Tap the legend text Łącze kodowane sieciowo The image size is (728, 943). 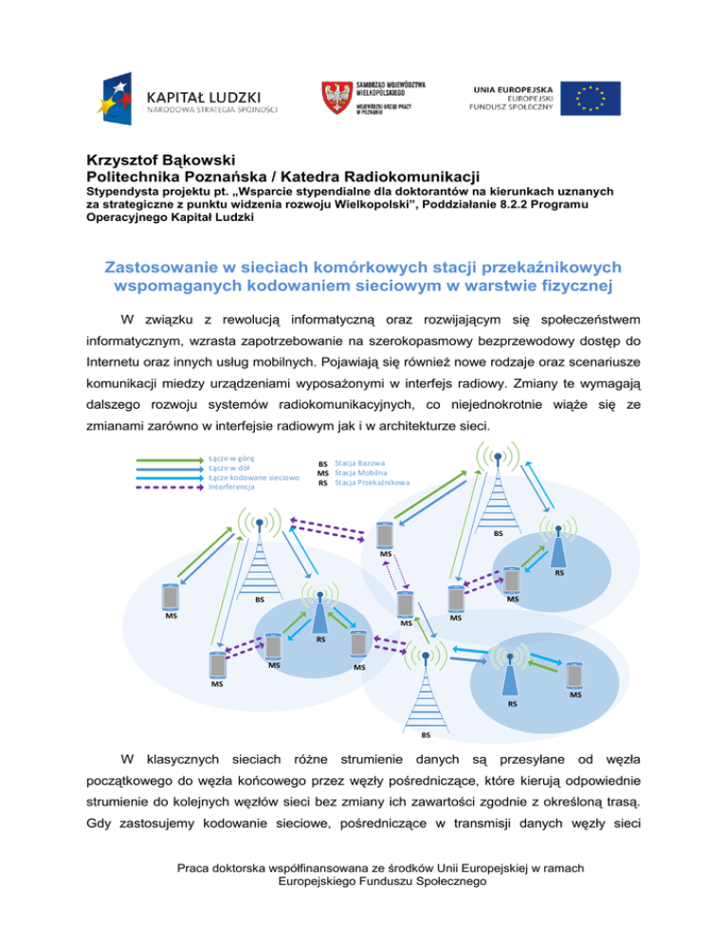[x=254, y=477]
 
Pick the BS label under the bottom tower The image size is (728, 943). [x=427, y=734]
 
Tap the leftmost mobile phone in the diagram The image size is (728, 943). [x=171, y=597]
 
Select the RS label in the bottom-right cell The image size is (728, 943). [x=512, y=704]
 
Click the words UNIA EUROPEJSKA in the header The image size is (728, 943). [x=506, y=88]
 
